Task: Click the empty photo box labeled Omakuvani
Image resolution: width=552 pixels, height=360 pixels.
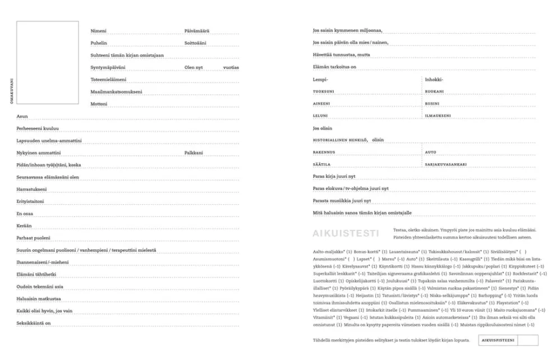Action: tap(48, 63)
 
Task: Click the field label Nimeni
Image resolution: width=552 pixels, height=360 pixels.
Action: tap(99, 31)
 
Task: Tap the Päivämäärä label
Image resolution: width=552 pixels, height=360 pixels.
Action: tap(196, 31)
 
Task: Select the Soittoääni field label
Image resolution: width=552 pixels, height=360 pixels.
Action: tap(195, 43)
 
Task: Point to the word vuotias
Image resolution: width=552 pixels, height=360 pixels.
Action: tap(231, 67)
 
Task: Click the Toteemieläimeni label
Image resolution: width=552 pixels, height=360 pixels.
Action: tap(108, 79)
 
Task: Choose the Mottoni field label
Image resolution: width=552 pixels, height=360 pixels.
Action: tap(99, 104)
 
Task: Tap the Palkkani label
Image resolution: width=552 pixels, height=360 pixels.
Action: tap(194, 153)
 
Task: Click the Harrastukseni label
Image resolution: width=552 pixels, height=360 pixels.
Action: tap(31, 189)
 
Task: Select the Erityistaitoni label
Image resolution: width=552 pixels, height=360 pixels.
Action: tap(30, 201)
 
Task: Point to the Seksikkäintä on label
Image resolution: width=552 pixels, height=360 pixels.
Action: tap(34, 323)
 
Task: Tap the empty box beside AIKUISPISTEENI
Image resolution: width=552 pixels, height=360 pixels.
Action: tap(527, 340)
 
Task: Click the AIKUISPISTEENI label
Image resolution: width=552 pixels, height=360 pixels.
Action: tap(498, 340)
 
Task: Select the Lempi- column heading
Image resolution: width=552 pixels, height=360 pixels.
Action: tap(320, 80)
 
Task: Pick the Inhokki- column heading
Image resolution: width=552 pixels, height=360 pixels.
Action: tap(434, 80)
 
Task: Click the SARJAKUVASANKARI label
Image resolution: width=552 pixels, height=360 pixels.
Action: tap(446, 164)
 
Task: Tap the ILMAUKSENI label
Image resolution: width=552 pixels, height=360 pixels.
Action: tap(438, 116)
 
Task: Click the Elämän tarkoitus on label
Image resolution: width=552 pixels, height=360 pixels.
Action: tap(334, 67)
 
